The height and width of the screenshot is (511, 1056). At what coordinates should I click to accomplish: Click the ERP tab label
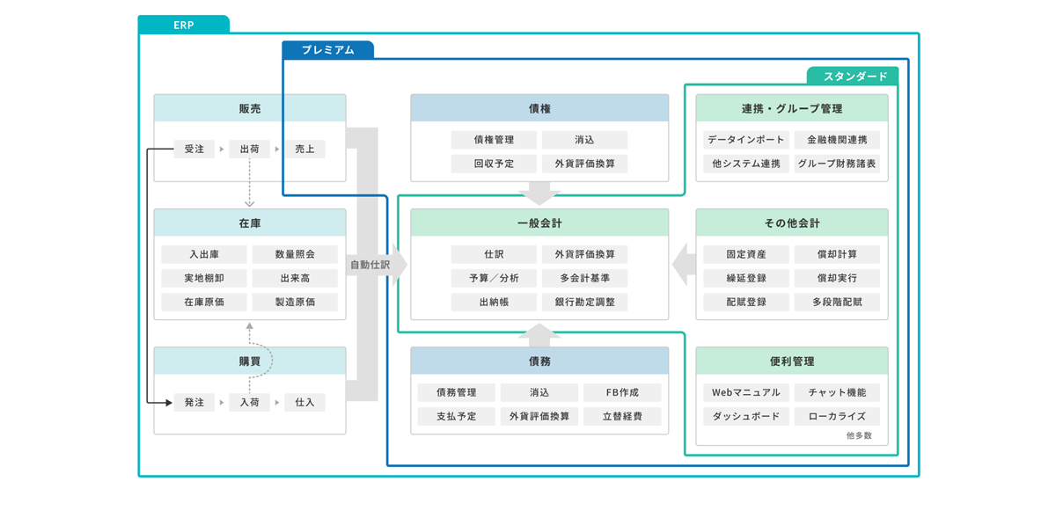tap(183, 26)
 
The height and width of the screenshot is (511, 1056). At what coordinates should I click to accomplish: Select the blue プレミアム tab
tap(327, 50)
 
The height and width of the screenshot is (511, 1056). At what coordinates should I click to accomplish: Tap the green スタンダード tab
tap(854, 77)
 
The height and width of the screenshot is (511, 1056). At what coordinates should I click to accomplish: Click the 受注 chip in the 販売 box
tap(194, 150)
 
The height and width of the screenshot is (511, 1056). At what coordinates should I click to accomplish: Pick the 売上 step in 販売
tap(304, 150)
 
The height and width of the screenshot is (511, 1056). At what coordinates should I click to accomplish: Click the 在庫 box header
tap(250, 223)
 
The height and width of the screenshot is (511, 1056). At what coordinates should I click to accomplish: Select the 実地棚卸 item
tap(204, 278)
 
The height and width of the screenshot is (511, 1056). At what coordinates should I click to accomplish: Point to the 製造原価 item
tap(295, 302)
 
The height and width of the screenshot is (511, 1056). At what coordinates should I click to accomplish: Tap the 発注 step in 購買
tap(194, 402)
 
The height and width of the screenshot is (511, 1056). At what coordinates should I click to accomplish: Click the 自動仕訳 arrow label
tap(370, 264)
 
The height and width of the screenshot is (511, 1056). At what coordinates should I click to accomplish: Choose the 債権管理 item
tap(493, 140)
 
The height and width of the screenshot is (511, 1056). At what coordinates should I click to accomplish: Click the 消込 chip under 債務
tap(539, 392)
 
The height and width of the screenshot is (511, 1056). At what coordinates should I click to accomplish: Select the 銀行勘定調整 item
tap(584, 302)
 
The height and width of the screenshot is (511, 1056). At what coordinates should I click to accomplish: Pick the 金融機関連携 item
tap(836, 140)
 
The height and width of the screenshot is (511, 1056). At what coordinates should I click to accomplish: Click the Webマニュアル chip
tap(745, 392)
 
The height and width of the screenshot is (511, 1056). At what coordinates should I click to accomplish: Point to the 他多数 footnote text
tap(859, 435)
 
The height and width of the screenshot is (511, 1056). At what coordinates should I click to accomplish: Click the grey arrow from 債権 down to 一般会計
tap(539, 193)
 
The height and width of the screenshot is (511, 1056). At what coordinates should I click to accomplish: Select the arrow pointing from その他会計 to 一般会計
tap(683, 264)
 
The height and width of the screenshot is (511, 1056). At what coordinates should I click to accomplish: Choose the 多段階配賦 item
tap(836, 302)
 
